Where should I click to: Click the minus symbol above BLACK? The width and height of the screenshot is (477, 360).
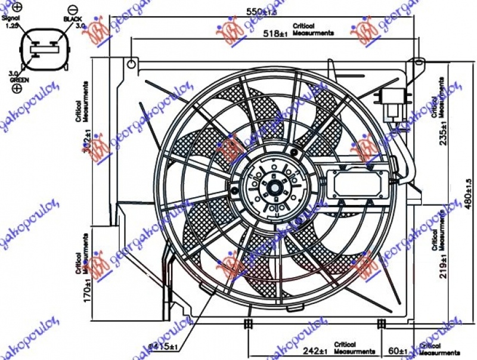[x=73, y=8]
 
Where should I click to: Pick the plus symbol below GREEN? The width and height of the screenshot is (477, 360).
[x=16, y=88]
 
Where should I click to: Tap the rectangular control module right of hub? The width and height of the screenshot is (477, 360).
[x=358, y=184]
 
